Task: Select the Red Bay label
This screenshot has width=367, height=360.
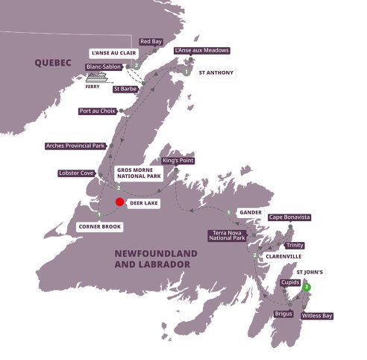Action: coord(151,41)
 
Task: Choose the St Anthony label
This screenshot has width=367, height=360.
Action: coord(216,73)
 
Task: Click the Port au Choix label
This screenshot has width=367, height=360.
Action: coord(97,111)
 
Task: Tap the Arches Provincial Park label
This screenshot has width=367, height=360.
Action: coord(75,146)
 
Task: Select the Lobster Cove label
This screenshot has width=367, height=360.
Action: coord(75,173)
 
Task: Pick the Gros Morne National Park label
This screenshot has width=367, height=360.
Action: coord(140,174)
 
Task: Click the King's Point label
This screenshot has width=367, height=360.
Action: coord(177,161)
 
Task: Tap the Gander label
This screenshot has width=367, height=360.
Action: coord(250,212)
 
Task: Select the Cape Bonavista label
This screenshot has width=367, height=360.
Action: coord(289,217)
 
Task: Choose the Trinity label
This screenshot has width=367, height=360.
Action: coord(293,245)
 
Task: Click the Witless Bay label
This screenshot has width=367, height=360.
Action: coord(316,316)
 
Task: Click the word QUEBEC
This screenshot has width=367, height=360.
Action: coord(51,64)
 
